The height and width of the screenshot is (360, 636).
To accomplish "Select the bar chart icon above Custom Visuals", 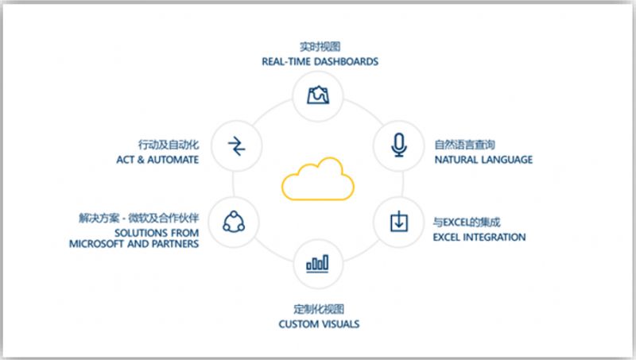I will point(318,262).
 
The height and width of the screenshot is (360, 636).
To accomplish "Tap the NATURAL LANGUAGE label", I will point(483,160).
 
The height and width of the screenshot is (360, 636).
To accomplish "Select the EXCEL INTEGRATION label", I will point(479,237).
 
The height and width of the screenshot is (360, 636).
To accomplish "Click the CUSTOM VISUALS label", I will point(319,324).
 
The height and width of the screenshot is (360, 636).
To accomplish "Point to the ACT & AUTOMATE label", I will point(157,160).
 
